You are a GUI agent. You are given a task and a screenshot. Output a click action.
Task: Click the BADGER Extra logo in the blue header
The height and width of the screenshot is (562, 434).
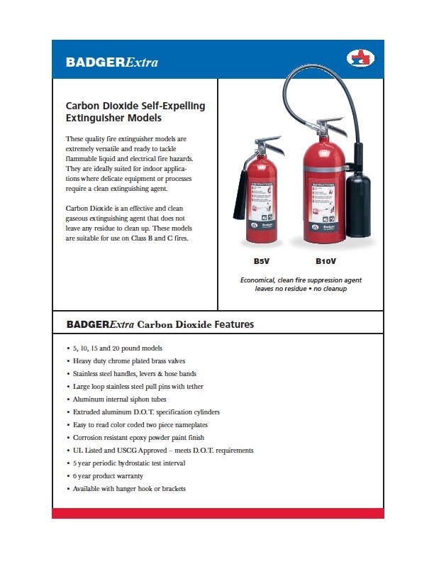[x=111, y=62]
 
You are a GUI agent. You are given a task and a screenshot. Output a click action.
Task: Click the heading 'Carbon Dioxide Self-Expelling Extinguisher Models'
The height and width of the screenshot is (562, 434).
[x=135, y=111]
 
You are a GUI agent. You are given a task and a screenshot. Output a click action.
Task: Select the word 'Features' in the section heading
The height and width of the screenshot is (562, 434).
[x=228, y=324]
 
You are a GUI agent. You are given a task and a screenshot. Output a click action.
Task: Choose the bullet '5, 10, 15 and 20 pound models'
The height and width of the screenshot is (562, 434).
[x=118, y=348]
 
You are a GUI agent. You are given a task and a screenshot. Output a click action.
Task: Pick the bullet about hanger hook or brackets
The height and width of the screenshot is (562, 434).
[x=129, y=488]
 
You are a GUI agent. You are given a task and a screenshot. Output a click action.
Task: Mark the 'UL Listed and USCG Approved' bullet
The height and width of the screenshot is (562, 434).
[x=163, y=450]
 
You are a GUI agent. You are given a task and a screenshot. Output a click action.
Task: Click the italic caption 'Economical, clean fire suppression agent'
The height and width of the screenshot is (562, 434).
[x=301, y=280]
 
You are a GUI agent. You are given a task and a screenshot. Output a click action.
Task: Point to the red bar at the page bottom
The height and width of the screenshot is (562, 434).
[x=218, y=513]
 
